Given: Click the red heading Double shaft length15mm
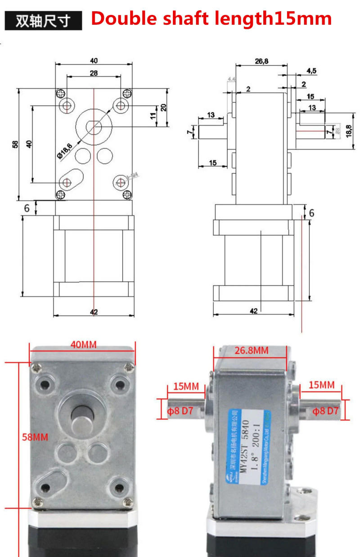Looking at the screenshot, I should [x=211, y=19].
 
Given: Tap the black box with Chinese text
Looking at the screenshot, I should [x=43, y=21].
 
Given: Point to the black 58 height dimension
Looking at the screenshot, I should [x=15, y=144].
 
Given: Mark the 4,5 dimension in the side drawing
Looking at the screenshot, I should [x=311, y=71].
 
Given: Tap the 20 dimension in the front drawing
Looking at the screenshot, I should [x=164, y=107].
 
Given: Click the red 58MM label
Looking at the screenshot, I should [x=35, y=436].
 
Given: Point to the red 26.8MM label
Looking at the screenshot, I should [x=251, y=350].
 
